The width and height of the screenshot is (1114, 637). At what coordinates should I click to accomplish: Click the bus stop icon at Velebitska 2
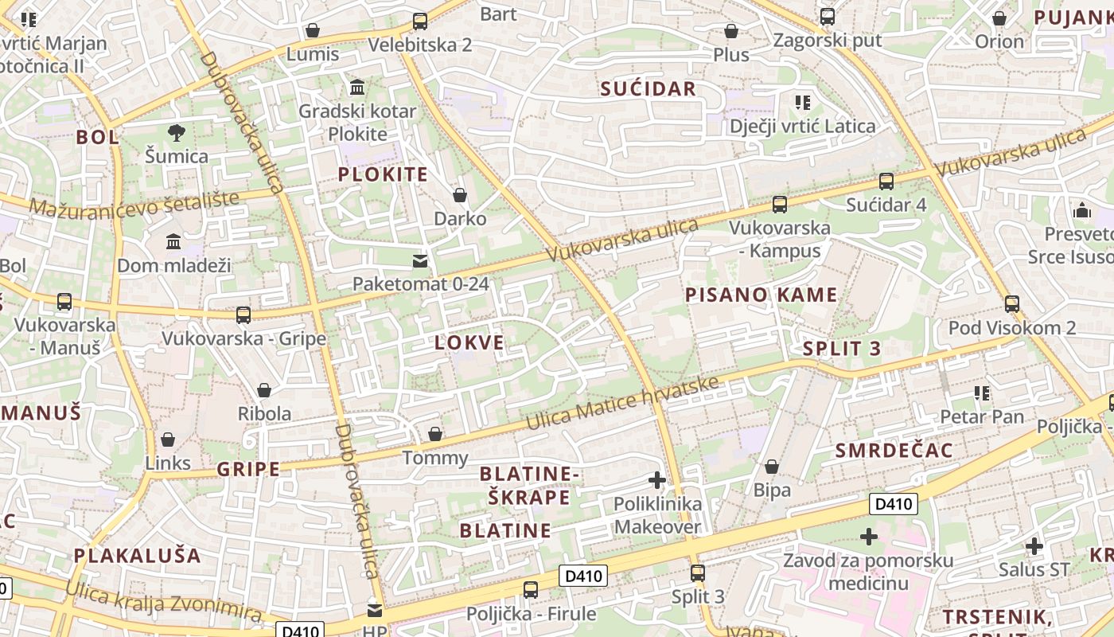point(419,21)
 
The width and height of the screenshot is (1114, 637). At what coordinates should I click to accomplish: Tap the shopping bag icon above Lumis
point(313,31)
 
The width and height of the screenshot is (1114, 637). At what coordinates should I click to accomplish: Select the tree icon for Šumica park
point(177,132)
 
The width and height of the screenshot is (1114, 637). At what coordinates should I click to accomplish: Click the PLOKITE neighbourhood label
point(383,174)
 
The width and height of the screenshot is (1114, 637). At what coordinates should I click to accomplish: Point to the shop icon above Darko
point(459,195)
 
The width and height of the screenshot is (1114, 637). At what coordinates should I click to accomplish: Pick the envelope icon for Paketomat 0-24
point(419,261)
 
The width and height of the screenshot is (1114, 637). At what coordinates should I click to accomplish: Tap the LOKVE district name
point(469,343)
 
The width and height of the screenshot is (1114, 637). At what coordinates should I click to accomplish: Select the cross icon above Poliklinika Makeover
point(657,480)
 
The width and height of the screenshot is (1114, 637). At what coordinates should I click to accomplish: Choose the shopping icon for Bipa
point(771,467)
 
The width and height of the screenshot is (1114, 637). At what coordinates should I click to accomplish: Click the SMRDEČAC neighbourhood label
point(894,451)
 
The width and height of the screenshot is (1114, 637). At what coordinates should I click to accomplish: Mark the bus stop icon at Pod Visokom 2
point(1011,304)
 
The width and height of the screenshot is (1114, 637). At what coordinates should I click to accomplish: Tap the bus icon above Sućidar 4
point(886,182)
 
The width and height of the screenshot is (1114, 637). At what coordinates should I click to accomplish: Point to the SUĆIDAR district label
point(648,88)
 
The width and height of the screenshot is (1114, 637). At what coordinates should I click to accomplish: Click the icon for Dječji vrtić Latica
point(802,103)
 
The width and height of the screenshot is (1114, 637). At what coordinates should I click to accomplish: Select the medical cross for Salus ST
point(1034,546)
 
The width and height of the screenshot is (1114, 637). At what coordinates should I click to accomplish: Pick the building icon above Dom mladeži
point(173,241)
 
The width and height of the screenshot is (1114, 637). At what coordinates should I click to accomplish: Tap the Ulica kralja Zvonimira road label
point(163,602)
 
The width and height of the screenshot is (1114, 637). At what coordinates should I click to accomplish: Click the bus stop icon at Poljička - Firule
point(530,590)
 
